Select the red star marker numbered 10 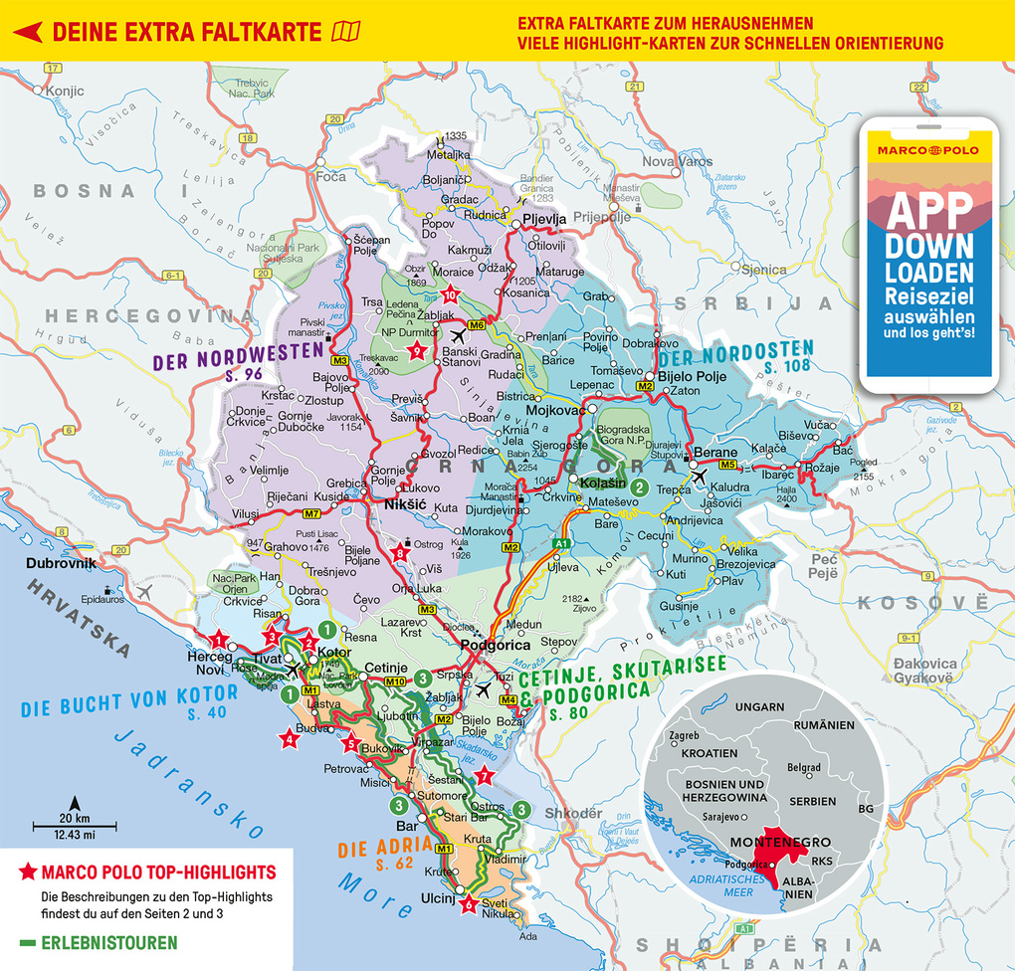point(450,293)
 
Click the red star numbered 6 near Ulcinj point(469,903)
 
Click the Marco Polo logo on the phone point(927,150)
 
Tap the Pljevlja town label point(544,219)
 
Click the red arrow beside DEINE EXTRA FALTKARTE point(26,31)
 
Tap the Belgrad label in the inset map point(803,768)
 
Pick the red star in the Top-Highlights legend point(27,874)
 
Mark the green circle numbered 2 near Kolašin point(642,486)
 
